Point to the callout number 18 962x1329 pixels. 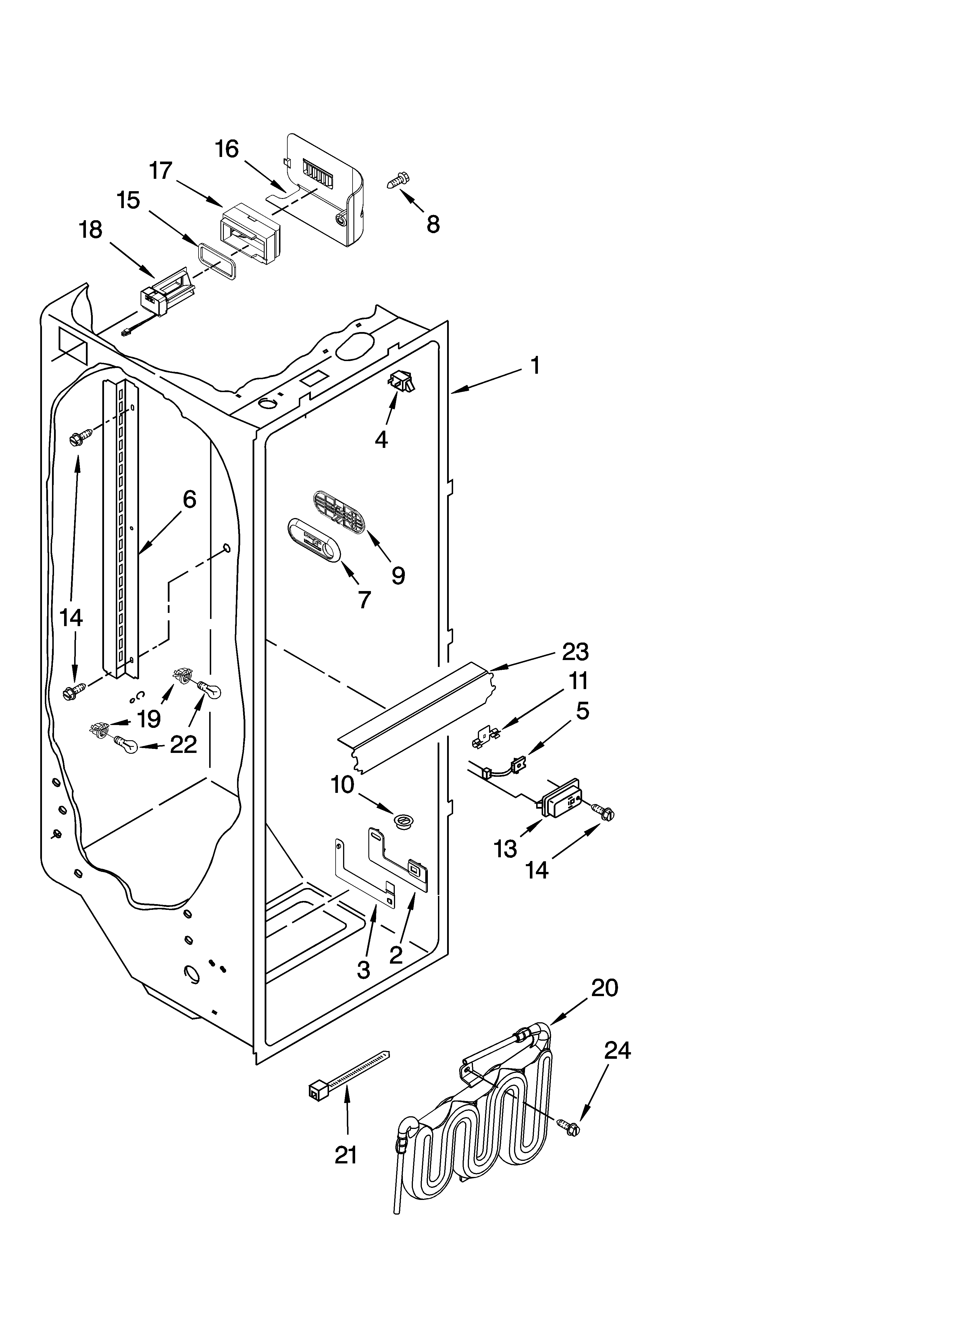tap(91, 230)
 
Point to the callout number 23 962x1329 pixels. tap(575, 652)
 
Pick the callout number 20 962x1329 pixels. tap(604, 988)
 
